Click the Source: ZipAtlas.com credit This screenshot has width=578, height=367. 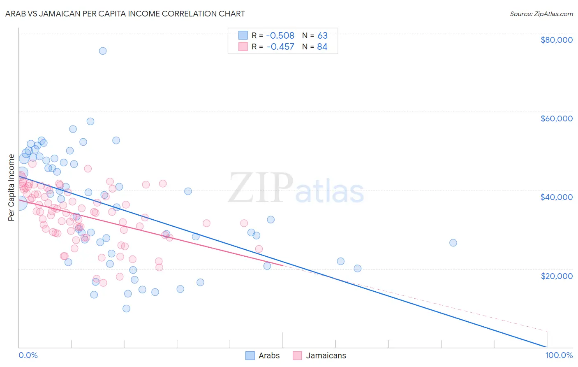click(541, 14)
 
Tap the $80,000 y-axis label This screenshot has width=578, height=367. click(556, 40)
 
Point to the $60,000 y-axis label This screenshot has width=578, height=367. click(556, 118)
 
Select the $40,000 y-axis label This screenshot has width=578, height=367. click(556, 197)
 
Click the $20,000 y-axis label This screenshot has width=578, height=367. click(556, 276)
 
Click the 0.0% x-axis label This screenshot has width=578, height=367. click(28, 355)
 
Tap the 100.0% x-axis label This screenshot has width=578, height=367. click(559, 355)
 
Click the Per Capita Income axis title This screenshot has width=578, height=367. click(12, 187)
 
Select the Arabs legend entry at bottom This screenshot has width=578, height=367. click(263, 355)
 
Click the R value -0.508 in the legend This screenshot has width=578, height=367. click(280, 36)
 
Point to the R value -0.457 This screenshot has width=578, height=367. click(280, 47)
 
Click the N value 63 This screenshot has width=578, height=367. click(322, 36)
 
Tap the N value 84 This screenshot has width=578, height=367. click(322, 47)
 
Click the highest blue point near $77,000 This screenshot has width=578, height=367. click(103, 51)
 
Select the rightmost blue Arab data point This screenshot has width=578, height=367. click(453, 243)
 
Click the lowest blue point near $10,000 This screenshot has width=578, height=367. click(126, 309)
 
